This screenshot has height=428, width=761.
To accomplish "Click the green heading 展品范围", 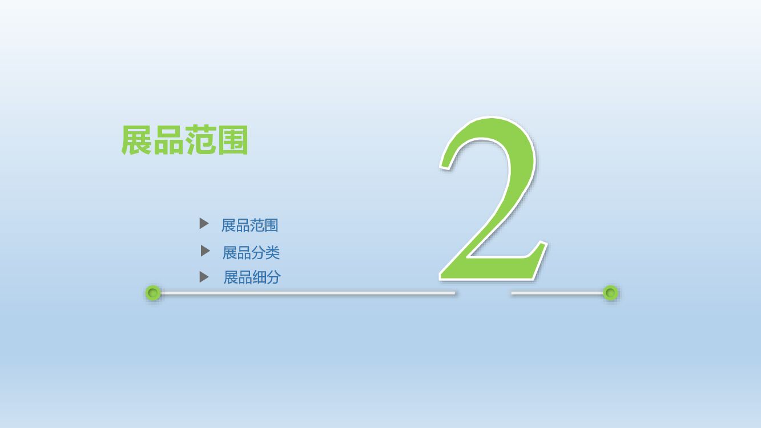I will [x=184, y=140].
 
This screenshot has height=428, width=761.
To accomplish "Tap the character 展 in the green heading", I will [x=136, y=140].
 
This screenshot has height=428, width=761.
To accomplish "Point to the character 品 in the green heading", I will [x=168, y=140].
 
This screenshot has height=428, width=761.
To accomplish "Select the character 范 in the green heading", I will [x=200, y=140].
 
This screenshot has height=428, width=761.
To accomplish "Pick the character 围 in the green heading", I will [x=232, y=140].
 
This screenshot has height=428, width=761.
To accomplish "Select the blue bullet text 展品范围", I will [x=249, y=225].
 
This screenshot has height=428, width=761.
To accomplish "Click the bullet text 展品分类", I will [x=251, y=252].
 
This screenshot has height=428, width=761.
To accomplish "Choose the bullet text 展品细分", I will [x=252, y=277].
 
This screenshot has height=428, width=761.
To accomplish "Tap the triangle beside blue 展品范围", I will [x=204, y=224].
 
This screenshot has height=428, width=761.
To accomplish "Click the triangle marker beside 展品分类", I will [x=205, y=251].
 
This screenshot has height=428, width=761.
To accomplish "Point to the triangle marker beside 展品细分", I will [x=204, y=277].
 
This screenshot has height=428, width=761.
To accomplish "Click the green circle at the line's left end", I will [x=153, y=293].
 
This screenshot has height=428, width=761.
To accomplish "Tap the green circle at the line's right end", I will [x=610, y=293].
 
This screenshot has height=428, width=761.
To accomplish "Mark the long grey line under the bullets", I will [x=308, y=293].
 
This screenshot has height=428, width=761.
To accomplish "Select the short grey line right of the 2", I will [x=557, y=293].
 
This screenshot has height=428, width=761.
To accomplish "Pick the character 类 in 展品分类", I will [x=272, y=252].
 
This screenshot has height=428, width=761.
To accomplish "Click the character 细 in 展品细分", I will [x=259, y=277].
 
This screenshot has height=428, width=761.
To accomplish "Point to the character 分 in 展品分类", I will [x=258, y=252].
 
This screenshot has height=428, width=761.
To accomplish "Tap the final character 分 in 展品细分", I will [x=273, y=277].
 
